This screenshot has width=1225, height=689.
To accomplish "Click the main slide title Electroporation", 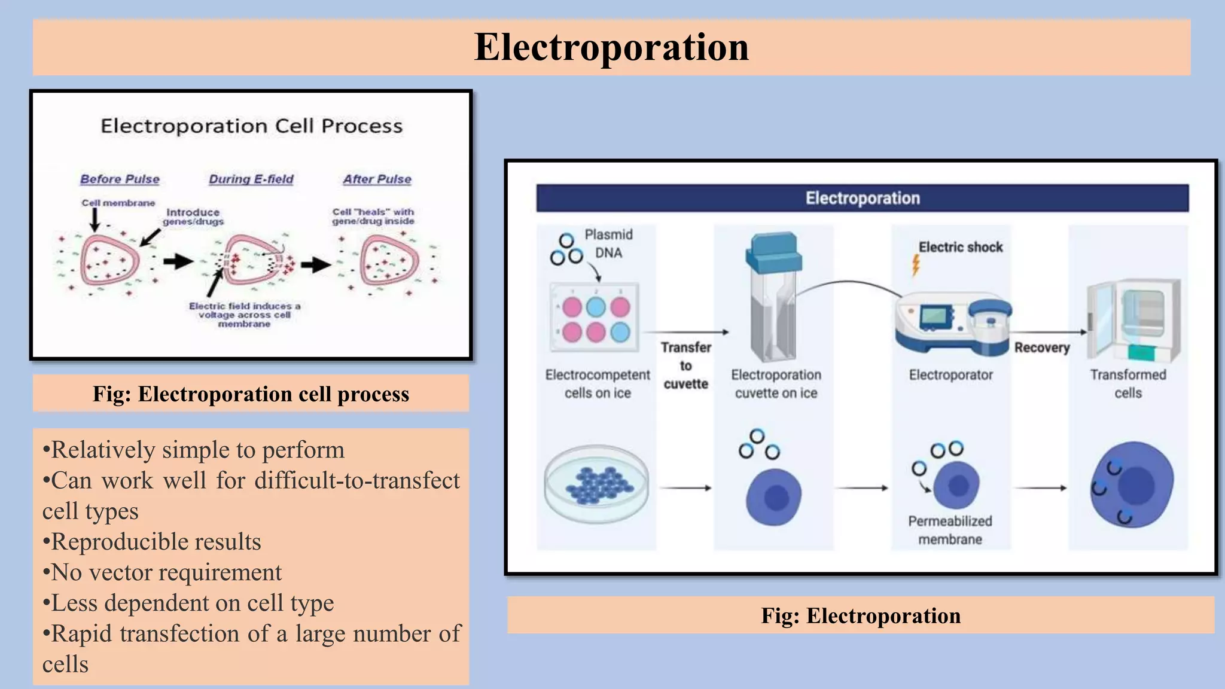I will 611,47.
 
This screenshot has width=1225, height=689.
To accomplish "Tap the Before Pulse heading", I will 120,179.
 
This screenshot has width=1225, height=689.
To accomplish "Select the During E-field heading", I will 251,179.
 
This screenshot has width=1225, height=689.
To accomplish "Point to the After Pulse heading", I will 377,179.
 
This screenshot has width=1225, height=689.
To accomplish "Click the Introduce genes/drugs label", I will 193,217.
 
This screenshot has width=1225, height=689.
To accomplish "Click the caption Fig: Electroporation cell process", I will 251,394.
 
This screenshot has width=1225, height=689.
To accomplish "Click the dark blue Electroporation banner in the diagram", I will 862,198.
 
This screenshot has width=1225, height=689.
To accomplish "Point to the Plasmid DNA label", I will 608,243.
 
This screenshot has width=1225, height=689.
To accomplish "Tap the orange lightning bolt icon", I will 915,265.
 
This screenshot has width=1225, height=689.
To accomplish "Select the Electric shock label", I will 961,247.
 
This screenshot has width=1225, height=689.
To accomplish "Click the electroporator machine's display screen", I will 935,315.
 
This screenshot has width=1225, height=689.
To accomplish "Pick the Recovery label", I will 1041,347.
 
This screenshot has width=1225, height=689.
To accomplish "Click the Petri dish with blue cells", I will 596,483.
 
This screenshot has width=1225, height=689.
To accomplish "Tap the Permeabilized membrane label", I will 950,530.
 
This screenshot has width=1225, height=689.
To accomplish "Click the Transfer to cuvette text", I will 686,365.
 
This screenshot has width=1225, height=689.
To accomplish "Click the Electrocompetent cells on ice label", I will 597,383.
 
